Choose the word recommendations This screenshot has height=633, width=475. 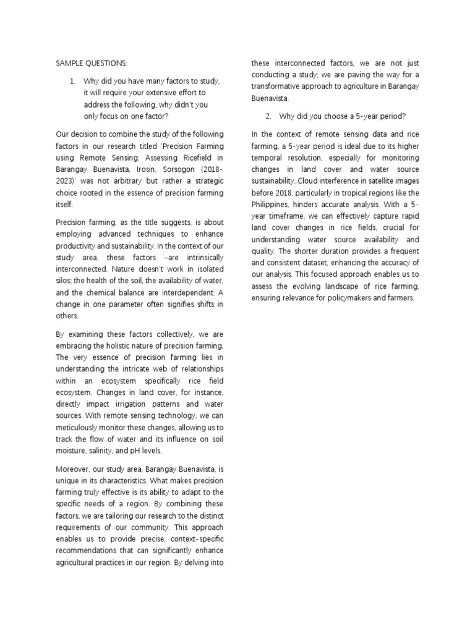[x=91, y=550]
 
